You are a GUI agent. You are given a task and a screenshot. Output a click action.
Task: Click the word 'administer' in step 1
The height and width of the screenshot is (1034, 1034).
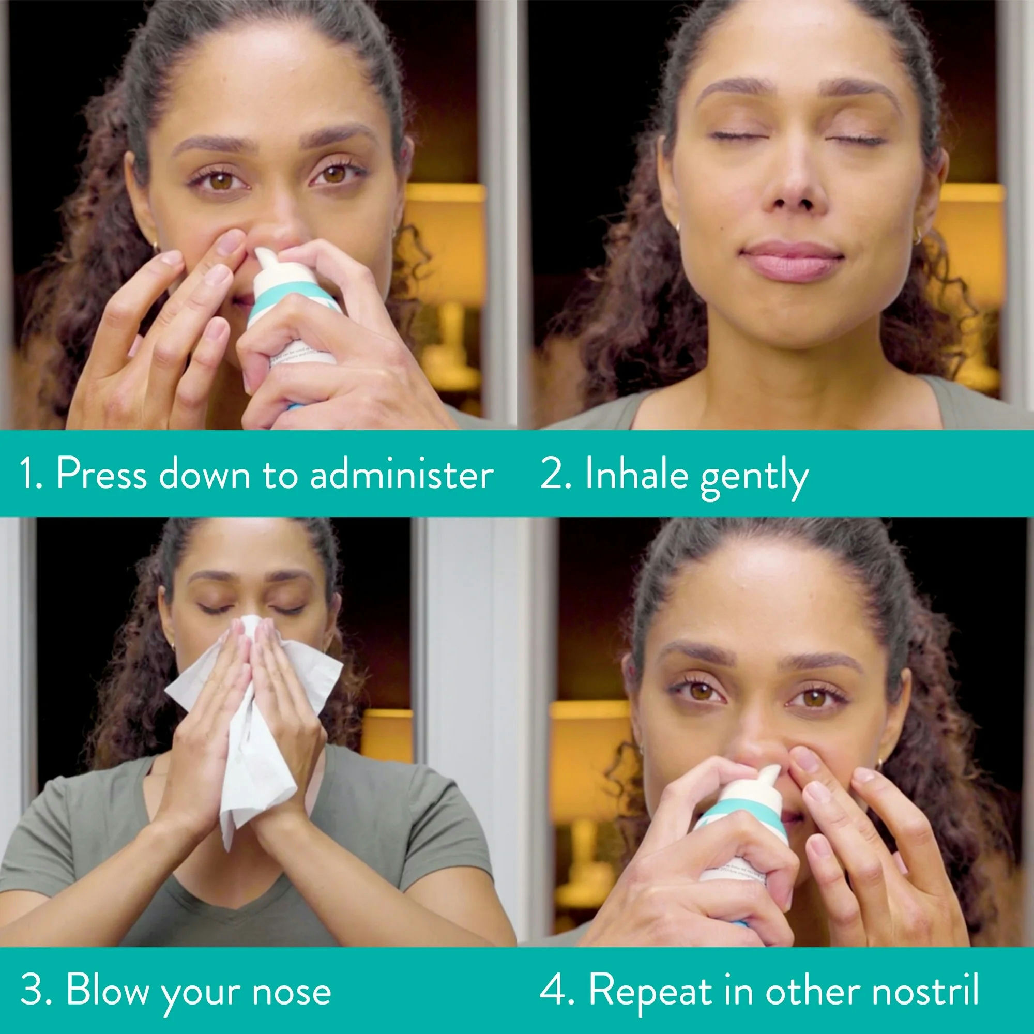[401, 474]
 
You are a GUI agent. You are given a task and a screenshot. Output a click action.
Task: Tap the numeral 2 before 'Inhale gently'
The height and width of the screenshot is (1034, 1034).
[551, 474]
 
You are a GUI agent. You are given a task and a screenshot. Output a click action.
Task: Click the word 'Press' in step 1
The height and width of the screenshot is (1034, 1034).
[101, 474]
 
